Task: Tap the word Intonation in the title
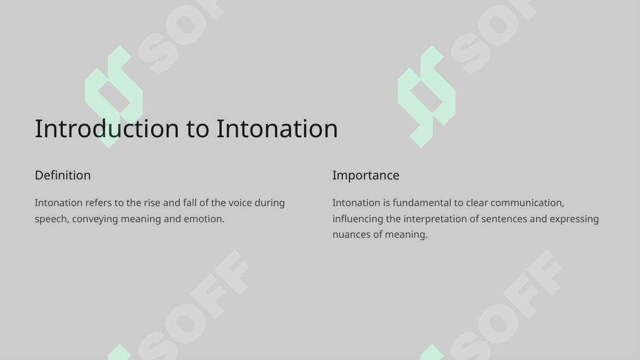click(277, 129)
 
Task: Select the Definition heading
click(63, 176)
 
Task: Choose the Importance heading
click(366, 176)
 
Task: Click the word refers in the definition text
click(98, 203)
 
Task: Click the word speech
click(51, 219)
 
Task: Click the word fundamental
click(421, 203)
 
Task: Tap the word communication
click(527, 203)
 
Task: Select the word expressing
click(574, 219)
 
